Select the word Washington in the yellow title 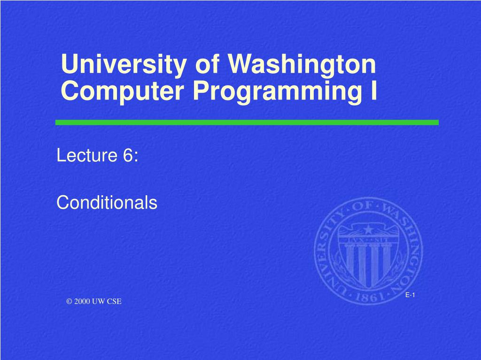(x=302, y=65)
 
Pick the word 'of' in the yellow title (x=207, y=64)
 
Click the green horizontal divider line (x=247, y=123)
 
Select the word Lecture (x=87, y=155)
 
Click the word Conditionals (x=107, y=202)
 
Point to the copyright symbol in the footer (x=69, y=301)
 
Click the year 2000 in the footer (x=82, y=301)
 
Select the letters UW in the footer (x=99, y=301)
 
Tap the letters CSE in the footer (x=114, y=301)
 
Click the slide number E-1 (x=410, y=295)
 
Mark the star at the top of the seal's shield (x=368, y=229)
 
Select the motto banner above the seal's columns (x=368, y=239)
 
